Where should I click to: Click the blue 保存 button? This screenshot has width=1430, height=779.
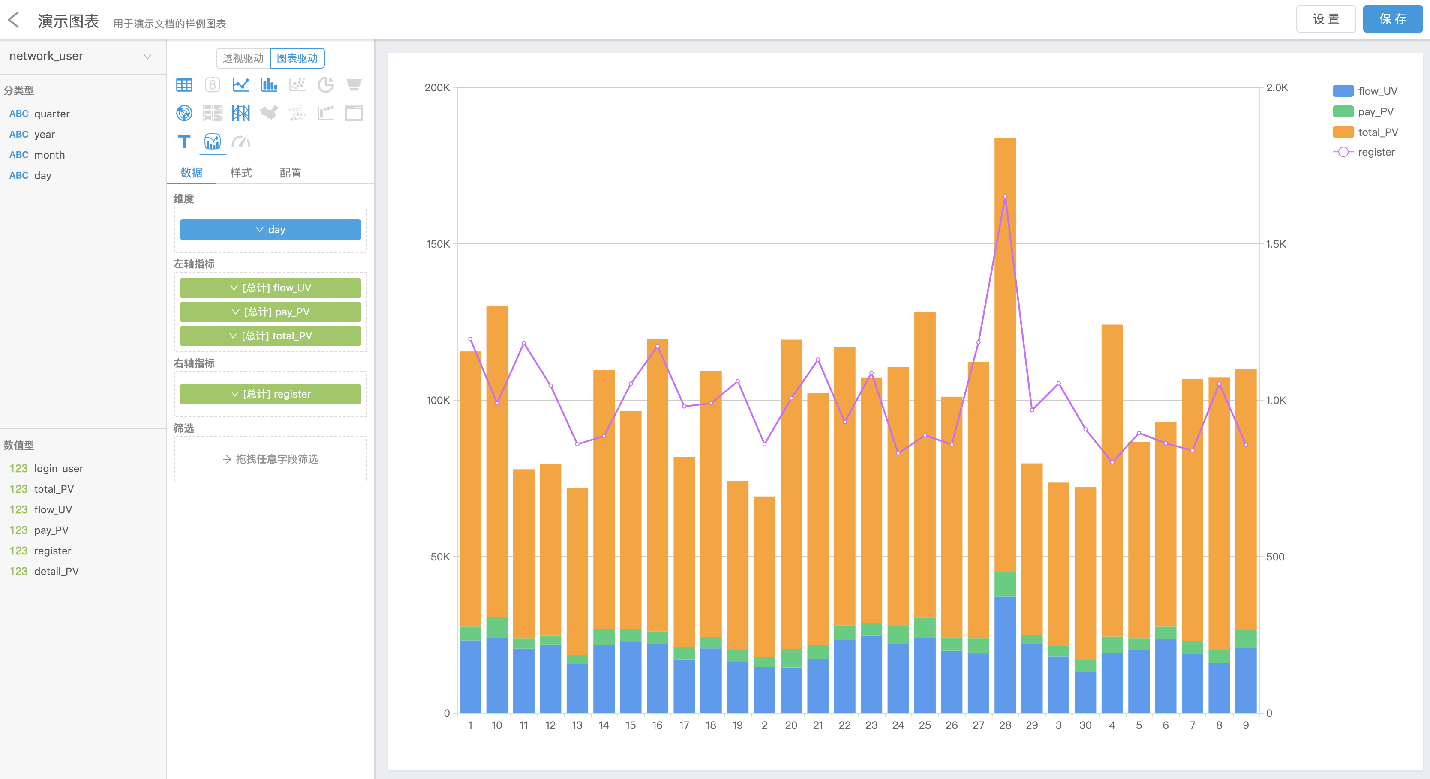1392,19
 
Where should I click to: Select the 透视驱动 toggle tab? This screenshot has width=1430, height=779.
243,58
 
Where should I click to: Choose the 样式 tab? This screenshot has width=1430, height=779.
241,173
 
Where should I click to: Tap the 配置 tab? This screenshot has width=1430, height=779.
290,173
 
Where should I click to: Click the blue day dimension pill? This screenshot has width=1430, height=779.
270,230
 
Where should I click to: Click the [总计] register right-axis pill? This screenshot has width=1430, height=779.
270,394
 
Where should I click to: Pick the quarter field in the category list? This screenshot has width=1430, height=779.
51,114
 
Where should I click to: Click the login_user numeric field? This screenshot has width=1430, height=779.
58,468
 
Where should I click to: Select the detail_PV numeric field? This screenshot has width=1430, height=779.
56,571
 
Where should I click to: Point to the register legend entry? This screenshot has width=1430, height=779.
1376,152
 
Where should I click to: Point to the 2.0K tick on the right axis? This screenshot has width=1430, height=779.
1277,88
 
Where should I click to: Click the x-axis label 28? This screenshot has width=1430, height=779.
1005,725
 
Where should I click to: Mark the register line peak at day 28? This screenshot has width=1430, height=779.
1005,196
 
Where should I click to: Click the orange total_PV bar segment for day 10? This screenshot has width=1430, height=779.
497,461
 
